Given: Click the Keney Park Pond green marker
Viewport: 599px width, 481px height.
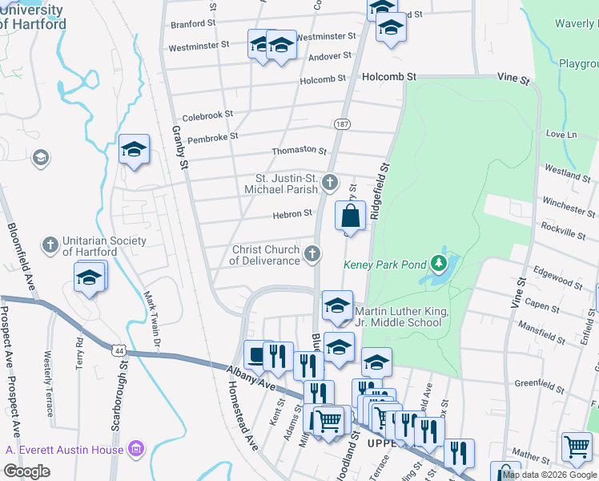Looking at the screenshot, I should click(438, 263).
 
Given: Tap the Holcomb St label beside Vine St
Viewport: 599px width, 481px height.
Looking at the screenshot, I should click(389, 77).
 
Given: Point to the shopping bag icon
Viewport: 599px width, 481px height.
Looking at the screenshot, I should click(351, 216).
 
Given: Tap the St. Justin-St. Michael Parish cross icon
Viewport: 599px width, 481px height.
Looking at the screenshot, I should click(329, 184).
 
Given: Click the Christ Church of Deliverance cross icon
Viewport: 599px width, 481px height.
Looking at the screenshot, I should click(313, 255).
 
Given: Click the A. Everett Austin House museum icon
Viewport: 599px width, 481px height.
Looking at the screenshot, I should click(136, 449).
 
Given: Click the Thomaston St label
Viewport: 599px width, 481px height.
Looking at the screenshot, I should click(299, 151).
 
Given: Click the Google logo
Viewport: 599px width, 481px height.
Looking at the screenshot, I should click(26, 471).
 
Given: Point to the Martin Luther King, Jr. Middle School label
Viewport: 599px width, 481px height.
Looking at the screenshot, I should click(397, 317).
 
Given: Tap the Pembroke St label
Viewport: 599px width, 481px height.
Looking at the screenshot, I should click(212, 137).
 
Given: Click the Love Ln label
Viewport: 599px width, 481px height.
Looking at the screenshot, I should click(561, 134).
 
